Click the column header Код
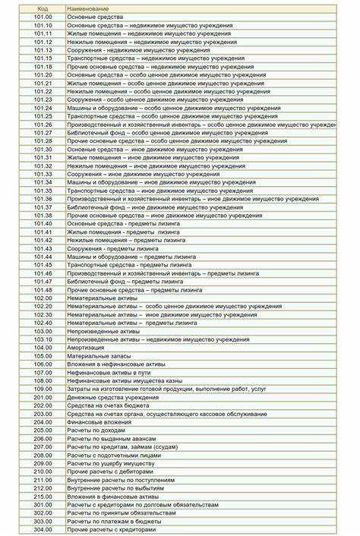(x=43, y=8)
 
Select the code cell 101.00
(x=43, y=17)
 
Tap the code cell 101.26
(x=43, y=124)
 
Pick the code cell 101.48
(x=43, y=289)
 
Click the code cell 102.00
(x=43, y=298)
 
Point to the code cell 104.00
(x=43, y=347)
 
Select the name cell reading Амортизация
(x=83, y=347)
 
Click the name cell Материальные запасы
(x=99, y=355)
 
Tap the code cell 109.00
(x=43, y=389)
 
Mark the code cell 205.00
(x=43, y=430)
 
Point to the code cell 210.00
(x=43, y=471)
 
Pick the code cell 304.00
(x=43, y=529)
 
